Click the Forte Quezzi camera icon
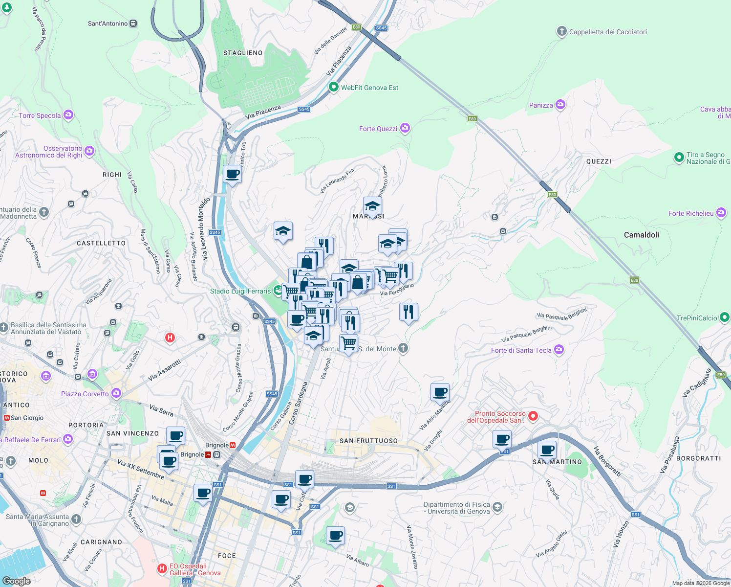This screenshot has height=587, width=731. [x=405, y=128]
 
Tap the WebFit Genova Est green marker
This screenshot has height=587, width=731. [x=334, y=88]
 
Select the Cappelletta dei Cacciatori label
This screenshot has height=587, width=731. [x=607, y=32]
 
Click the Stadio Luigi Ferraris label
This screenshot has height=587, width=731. [x=240, y=291]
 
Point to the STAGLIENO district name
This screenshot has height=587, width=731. [x=243, y=53]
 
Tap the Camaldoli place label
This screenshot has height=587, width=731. [x=641, y=235]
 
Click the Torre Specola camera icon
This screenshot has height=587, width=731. [x=68, y=115]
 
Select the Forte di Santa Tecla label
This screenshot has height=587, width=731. [x=521, y=350]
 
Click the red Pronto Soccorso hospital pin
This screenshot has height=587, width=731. [x=533, y=416]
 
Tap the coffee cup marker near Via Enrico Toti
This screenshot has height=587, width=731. [x=233, y=174]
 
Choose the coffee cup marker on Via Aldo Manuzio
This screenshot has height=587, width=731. [x=440, y=392]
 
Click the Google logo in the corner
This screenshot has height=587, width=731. [x=16, y=581]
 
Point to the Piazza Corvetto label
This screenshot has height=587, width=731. [x=85, y=394]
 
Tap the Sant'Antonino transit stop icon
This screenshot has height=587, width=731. [x=133, y=23]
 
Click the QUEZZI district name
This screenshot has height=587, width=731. [x=599, y=161]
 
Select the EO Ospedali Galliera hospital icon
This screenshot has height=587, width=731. [x=162, y=568]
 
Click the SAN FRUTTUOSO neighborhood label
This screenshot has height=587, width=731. [x=368, y=441]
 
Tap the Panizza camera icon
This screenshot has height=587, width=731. [x=560, y=105]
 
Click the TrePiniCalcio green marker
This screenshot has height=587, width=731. [x=724, y=317]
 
